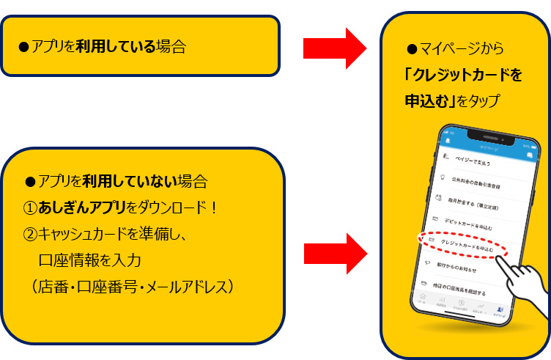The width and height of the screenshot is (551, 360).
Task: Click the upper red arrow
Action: point(333,48)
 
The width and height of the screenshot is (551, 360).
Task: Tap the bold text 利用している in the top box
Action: point(117,48)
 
